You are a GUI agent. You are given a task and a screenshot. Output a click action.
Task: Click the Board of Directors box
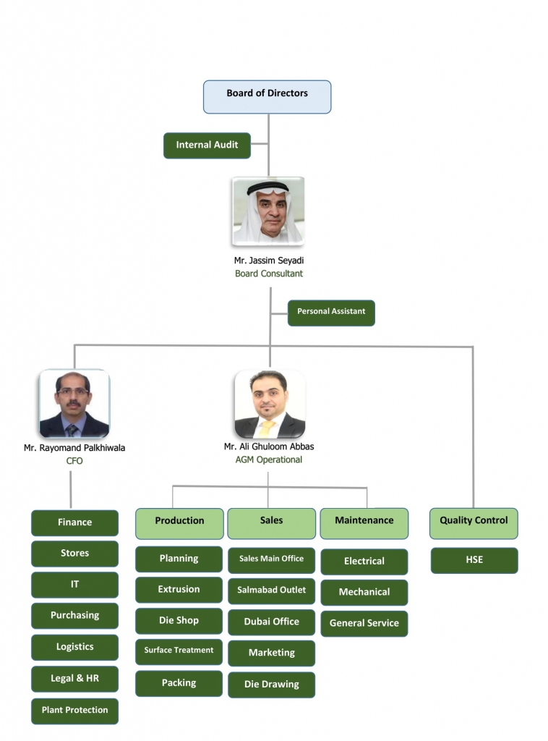(x=267, y=97)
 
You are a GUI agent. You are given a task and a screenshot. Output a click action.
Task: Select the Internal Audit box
(x=207, y=145)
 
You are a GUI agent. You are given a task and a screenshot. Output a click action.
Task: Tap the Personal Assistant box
(x=331, y=313)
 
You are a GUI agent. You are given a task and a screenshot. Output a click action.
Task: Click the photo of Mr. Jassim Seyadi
(x=268, y=212)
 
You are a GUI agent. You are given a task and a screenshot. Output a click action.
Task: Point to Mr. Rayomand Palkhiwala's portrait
(x=74, y=404)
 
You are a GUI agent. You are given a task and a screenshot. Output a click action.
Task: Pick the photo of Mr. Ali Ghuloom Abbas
(x=269, y=404)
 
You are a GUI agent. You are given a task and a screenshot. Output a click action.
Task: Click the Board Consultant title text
(x=269, y=274)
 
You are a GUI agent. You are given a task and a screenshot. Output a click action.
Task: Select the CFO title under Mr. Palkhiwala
(x=74, y=460)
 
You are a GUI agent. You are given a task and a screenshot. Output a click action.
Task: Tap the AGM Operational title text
(x=269, y=460)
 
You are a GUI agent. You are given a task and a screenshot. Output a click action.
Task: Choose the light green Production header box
(x=179, y=522)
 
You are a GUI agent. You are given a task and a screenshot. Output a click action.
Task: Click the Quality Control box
(x=474, y=522)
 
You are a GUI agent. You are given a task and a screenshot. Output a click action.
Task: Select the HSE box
(x=474, y=560)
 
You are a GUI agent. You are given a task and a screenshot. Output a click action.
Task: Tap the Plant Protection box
(x=74, y=711)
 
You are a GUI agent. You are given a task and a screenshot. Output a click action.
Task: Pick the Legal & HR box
(x=74, y=679)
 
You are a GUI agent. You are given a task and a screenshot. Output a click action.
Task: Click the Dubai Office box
(x=271, y=622)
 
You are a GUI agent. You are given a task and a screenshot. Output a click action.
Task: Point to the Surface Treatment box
(x=179, y=651)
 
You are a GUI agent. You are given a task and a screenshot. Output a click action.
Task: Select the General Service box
(x=364, y=623)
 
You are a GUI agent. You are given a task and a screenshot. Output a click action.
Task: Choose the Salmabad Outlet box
(x=271, y=590)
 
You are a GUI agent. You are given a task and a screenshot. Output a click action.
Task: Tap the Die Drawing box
(x=271, y=685)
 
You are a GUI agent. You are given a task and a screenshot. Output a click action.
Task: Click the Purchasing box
(x=74, y=616)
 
